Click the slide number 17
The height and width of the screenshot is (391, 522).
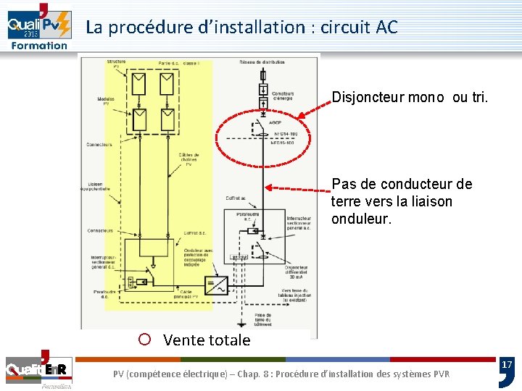[507, 364]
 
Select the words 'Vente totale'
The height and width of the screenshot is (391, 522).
[207, 340]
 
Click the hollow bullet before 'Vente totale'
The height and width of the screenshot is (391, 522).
[144, 340]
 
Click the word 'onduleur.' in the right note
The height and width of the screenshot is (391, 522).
[361, 219]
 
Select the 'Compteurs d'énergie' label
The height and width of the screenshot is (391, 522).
[283, 96]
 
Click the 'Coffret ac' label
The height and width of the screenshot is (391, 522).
[236, 197]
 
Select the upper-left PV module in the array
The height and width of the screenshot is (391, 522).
[136, 85]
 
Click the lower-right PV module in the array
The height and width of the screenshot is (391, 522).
[167, 119]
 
